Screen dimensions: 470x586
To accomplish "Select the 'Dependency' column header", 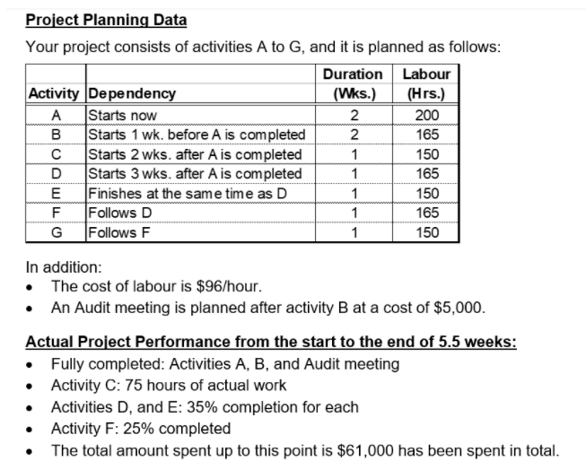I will (x=131, y=93).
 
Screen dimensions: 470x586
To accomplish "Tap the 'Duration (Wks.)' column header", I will (x=354, y=83).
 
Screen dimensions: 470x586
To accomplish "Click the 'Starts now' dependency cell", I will (x=122, y=115).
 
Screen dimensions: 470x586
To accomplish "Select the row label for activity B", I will (x=57, y=135).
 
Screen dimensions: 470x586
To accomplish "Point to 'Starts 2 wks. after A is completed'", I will (x=194, y=154).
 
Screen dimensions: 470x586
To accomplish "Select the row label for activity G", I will (x=57, y=232).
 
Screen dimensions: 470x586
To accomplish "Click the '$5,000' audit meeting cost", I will (x=459, y=308).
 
